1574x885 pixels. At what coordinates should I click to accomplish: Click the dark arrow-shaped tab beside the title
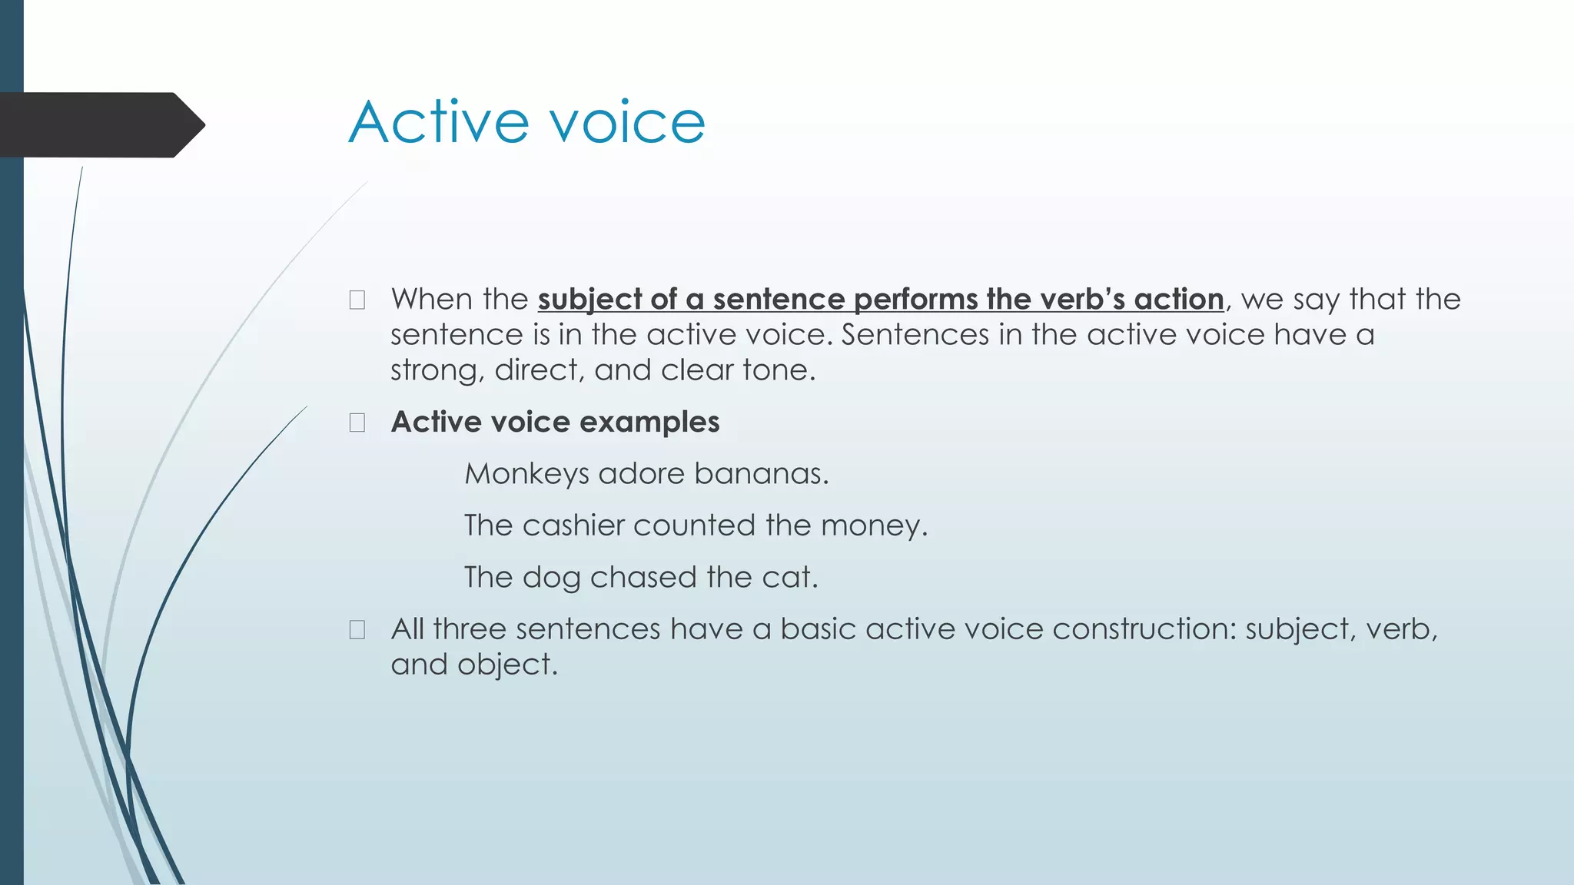(x=100, y=125)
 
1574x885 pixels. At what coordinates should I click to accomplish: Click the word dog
(x=551, y=578)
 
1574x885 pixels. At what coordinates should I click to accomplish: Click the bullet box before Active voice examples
(x=357, y=423)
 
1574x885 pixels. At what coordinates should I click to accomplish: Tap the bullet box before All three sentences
(x=357, y=630)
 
